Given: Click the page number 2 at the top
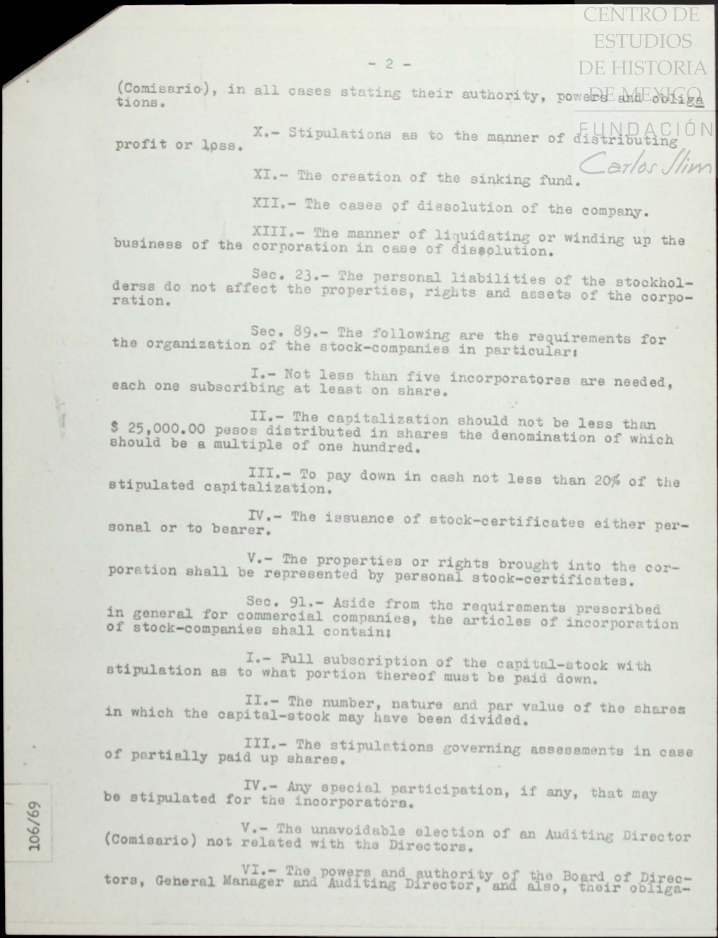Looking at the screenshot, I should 389,64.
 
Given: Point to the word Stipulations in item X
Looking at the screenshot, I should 339,134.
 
